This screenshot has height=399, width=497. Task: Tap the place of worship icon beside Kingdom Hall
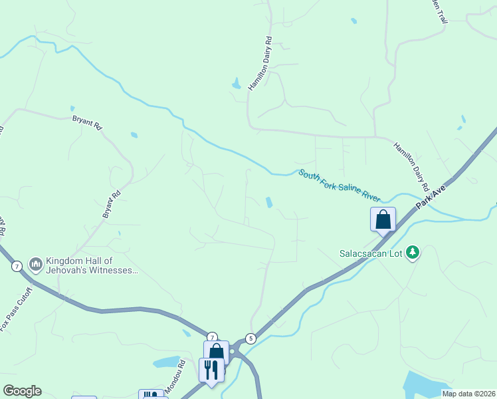point(35,265)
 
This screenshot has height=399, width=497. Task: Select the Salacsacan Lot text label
point(371,253)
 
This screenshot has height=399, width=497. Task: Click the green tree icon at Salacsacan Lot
point(413,252)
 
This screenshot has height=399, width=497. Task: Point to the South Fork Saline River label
point(339,185)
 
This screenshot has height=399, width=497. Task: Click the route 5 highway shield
point(250,338)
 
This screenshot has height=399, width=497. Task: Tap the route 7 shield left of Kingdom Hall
point(17,266)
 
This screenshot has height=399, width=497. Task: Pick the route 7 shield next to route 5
point(211,336)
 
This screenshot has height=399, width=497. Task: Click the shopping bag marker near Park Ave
point(383,220)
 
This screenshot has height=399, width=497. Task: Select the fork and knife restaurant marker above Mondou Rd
point(211,370)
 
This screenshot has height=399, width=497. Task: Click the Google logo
point(22,391)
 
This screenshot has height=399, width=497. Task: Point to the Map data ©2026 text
point(468,394)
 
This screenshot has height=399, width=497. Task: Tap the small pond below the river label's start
point(268,202)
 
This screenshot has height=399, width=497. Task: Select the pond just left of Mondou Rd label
point(166,363)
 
